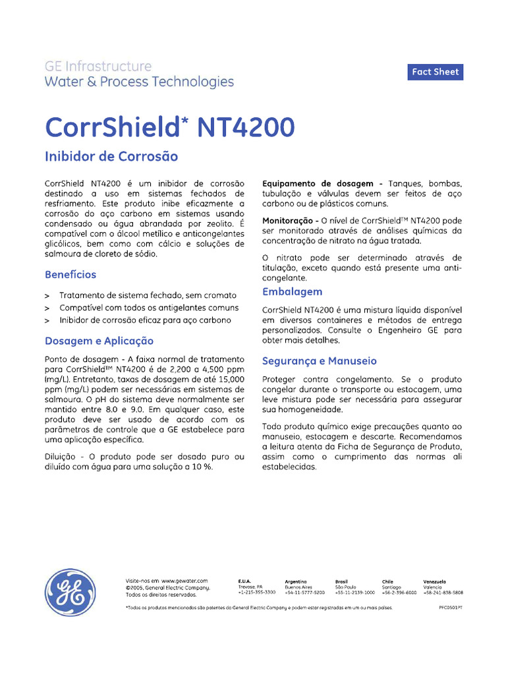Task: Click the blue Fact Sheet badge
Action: pyautogui.click(x=435, y=72)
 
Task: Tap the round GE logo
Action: pyautogui.click(x=70, y=593)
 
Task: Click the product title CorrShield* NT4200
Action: pyautogui.click(x=169, y=127)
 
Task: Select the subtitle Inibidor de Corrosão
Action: pyautogui.click(x=111, y=157)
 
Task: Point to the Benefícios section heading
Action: pyautogui.click(x=70, y=274)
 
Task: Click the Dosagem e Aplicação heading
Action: pyautogui.click(x=99, y=341)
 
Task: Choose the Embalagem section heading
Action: pyautogui.click(x=292, y=291)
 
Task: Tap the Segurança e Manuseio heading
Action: pyautogui.click(x=319, y=361)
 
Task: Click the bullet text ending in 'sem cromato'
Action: pyautogui.click(x=148, y=295)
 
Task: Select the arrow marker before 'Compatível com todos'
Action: pyautogui.click(x=47, y=308)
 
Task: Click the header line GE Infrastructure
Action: pyautogui.click(x=98, y=67)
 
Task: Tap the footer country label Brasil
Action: pyautogui.click(x=342, y=581)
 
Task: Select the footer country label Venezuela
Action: pyautogui.click(x=435, y=581)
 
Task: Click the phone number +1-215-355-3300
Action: pyautogui.click(x=257, y=593)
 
